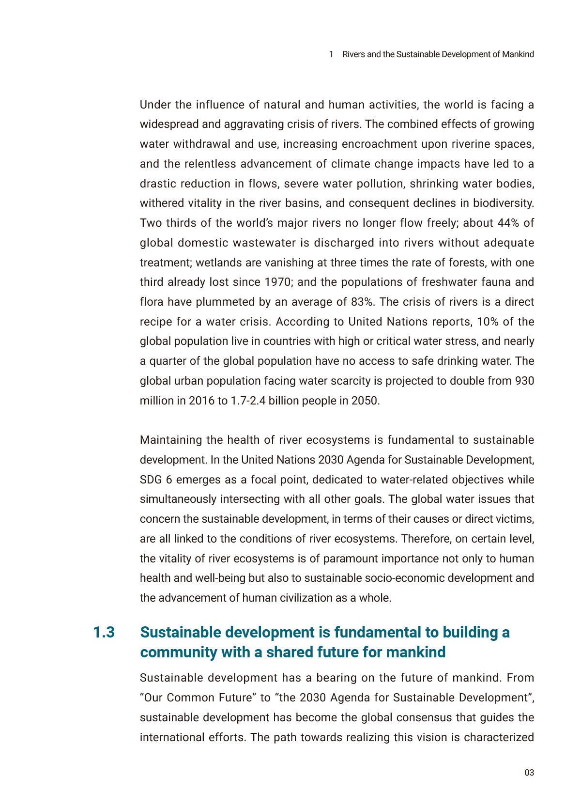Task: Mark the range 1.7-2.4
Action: point(248,401)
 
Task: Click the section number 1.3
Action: point(104,633)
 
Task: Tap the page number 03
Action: point(529,773)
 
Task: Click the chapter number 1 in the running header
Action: point(331,54)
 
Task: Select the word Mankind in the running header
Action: point(518,54)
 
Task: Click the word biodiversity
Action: point(503,203)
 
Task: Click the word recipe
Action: point(155,322)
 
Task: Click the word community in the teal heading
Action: point(178,653)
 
